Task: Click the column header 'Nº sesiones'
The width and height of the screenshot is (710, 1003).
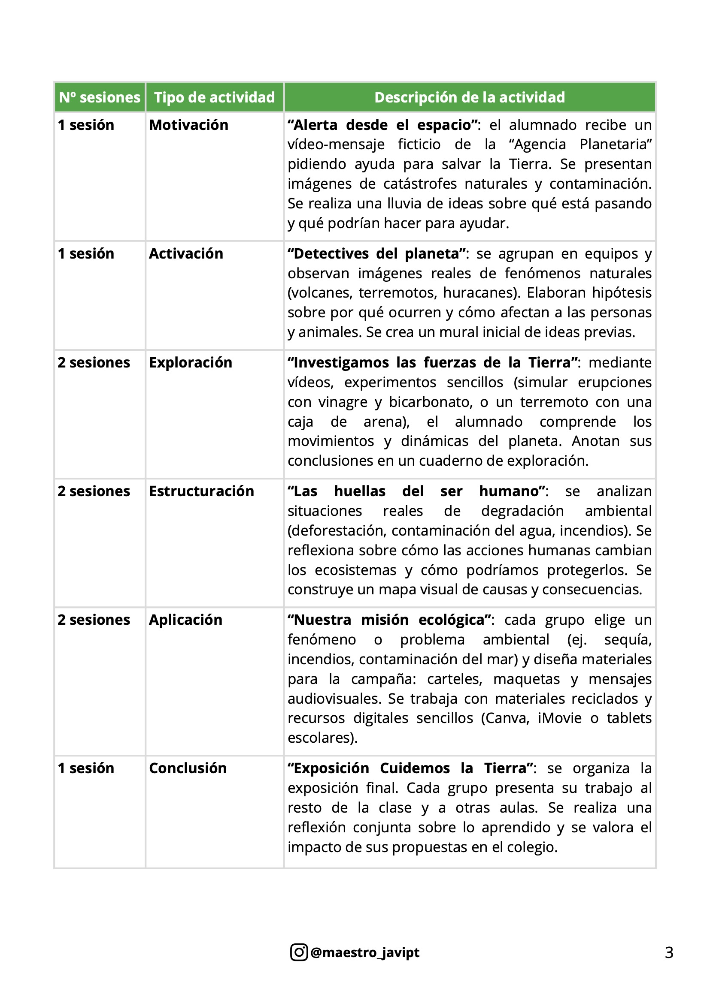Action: [100, 97]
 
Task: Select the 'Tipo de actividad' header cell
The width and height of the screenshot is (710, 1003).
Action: [214, 97]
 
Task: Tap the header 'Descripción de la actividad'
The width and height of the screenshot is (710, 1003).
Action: [470, 97]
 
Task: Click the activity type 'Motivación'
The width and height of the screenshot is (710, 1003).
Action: [188, 125]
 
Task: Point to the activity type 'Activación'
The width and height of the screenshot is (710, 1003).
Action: [186, 253]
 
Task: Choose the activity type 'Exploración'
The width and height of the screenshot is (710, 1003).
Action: [190, 363]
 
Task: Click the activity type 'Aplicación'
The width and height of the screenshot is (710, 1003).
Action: [185, 620]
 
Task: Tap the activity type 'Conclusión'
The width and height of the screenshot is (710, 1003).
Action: [188, 768]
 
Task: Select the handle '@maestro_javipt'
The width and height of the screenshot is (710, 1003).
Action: [364, 952]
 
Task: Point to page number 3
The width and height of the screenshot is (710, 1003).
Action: [669, 952]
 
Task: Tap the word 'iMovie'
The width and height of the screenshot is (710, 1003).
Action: [560, 718]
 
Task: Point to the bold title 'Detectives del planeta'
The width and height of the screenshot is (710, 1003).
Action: [376, 253]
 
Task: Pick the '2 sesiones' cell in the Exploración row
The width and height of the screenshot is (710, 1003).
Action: [94, 363]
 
